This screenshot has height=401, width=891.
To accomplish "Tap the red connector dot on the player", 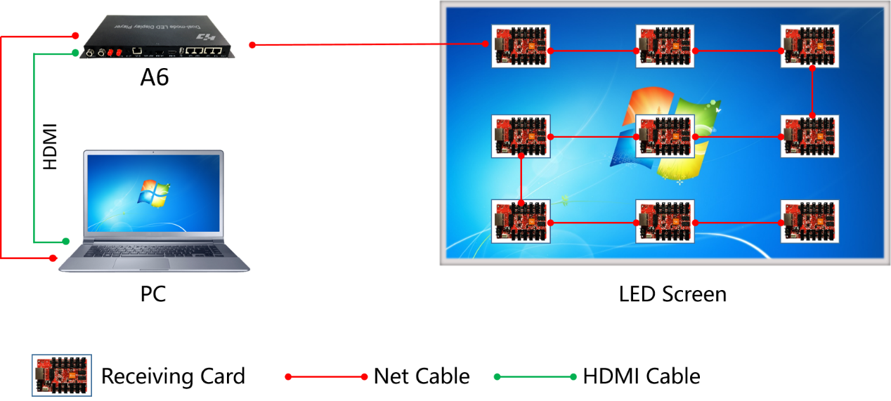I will (x=74, y=35).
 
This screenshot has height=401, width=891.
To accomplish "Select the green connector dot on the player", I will (x=75, y=53).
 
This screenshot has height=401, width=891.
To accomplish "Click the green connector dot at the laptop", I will (x=66, y=241).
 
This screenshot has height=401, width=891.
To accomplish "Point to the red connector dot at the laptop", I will (x=53, y=258).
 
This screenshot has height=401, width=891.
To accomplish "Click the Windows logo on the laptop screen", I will (x=154, y=192).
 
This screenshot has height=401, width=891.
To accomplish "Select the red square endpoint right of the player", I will (x=252, y=45).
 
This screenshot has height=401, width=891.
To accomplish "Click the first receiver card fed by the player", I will (x=521, y=46).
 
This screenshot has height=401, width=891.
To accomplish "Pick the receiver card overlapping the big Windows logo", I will (x=665, y=136).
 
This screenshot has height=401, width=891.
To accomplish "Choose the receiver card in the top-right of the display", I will (x=809, y=46).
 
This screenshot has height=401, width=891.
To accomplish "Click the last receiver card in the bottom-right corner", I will (x=809, y=221).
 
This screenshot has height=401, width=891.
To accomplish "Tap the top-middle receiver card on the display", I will (x=665, y=46).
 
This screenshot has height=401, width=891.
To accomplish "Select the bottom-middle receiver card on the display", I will (x=665, y=221).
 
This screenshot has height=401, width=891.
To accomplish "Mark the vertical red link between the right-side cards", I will (x=812, y=92).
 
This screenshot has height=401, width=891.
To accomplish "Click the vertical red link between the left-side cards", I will (x=521, y=180).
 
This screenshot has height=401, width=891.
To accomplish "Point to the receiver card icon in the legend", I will (x=62, y=375).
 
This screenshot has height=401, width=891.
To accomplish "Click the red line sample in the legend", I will (x=326, y=377).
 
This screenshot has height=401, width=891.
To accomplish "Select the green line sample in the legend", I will (x=535, y=377).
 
